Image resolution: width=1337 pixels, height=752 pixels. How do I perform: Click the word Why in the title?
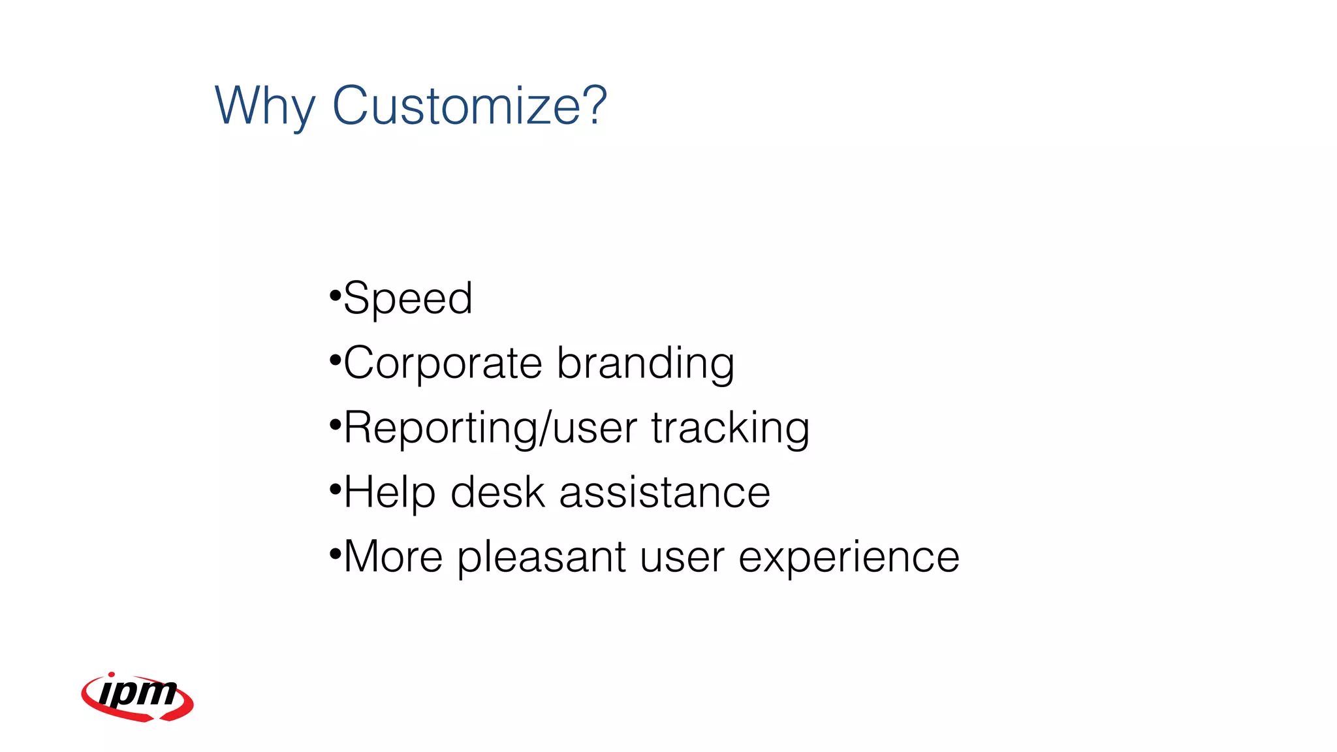[264, 106]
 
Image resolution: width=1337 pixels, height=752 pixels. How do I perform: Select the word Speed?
[408, 299]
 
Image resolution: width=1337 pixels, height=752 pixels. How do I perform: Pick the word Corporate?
[443, 363]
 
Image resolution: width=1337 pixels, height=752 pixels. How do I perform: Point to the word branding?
[646, 364]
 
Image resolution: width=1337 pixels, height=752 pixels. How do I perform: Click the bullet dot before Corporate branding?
[336, 360]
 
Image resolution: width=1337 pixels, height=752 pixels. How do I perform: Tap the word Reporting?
[441, 429]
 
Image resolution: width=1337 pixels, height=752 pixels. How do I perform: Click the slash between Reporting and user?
[544, 429]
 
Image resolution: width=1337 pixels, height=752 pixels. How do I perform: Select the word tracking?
[730, 429]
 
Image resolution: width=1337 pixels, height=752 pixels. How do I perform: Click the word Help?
[389, 493]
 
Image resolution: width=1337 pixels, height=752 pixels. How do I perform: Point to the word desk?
[497, 492]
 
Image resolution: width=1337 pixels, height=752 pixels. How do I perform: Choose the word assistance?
[665, 493]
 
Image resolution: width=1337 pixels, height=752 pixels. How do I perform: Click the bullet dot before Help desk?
[336, 489]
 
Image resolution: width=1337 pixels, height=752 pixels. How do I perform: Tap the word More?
[394, 557]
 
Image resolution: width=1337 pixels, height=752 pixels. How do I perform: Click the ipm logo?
[138, 697]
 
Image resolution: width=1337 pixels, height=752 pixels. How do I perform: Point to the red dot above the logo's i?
[112, 675]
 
